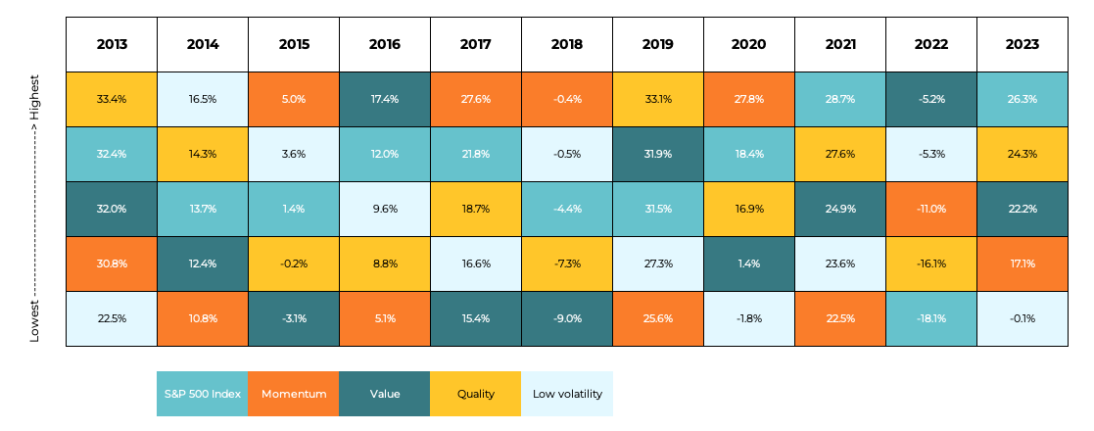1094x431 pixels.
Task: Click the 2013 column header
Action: (x=112, y=44)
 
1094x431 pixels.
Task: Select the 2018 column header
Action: (x=567, y=44)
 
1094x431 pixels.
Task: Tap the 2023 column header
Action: (x=1022, y=44)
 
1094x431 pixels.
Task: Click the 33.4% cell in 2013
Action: (x=112, y=99)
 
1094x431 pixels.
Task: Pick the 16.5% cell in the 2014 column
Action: (x=203, y=99)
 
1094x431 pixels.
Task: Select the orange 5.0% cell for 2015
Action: (x=294, y=99)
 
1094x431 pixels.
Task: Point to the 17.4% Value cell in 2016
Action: (x=385, y=99)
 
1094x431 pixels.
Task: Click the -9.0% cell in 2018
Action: (x=567, y=318)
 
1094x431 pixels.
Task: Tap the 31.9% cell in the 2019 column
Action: (x=658, y=154)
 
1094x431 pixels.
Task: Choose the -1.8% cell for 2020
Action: (x=749, y=318)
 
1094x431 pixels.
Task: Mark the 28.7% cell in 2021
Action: (x=840, y=99)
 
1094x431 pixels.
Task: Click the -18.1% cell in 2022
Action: (x=931, y=318)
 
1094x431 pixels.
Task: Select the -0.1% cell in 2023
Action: (x=1022, y=318)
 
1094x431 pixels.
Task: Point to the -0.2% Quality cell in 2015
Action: (x=294, y=263)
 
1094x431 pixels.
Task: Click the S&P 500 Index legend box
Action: (x=202, y=394)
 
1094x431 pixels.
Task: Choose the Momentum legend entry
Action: (x=293, y=394)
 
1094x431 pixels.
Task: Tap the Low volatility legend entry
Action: (x=567, y=394)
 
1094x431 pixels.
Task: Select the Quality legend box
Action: (x=476, y=394)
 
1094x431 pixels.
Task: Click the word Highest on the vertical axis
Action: (x=34, y=98)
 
